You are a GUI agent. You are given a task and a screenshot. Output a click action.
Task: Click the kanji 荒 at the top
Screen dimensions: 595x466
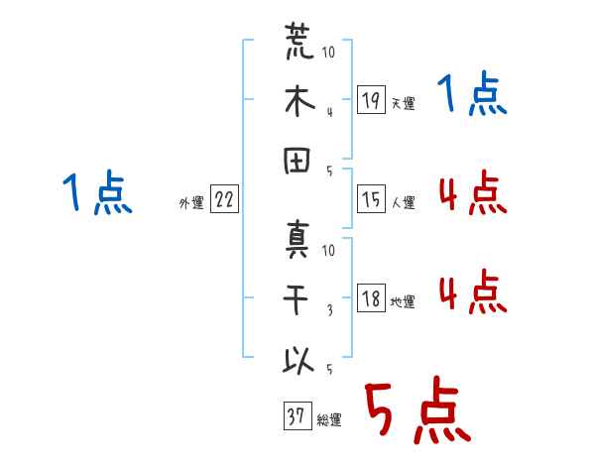click(x=299, y=41)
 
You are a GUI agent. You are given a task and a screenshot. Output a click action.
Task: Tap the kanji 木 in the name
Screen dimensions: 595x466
click(x=299, y=100)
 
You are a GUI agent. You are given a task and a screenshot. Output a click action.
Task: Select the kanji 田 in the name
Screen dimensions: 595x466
click(x=297, y=161)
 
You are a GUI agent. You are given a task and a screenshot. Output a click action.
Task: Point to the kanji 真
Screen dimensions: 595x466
click(x=297, y=240)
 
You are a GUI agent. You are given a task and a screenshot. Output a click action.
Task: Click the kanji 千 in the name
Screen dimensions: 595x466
click(x=296, y=299)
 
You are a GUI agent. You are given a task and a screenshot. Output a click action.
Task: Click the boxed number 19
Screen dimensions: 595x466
click(x=371, y=99)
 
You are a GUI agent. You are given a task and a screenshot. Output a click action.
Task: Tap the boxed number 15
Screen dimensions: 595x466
click(x=371, y=199)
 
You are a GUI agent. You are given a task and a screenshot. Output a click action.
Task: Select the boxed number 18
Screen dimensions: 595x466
click(x=371, y=297)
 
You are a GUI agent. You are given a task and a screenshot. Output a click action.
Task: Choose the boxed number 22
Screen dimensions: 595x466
click(x=224, y=199)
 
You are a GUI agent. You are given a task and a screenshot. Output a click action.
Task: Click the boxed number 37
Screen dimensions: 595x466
click(x=297, y=415)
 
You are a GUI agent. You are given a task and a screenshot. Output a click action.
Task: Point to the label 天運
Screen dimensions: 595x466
click(x=404, y=103)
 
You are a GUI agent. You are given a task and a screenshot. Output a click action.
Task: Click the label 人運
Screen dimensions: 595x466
click(x=404, y=202)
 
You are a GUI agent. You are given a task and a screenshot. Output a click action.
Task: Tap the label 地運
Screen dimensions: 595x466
click(x=403, y=302)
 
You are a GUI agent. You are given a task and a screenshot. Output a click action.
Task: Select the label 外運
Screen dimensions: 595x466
click(x=191, y=202)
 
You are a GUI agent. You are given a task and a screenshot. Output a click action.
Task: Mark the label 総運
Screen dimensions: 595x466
click(x=329, y=420)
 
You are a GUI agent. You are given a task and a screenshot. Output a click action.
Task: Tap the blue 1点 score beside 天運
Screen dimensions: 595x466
click(x=472, y=93)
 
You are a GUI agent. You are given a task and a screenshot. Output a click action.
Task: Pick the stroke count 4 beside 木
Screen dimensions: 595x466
click(x=330, y=112)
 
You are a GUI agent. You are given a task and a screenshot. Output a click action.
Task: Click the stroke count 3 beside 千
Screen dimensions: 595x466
click(x=330, y=310)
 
